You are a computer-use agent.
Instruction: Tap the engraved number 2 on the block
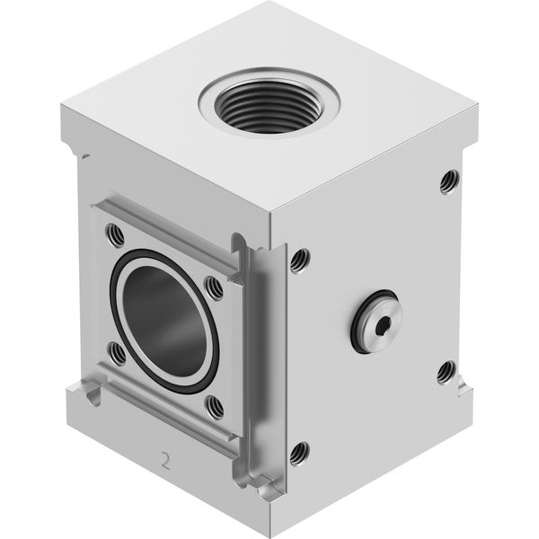click(x=165, y=462)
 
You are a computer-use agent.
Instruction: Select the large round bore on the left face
click(x=164, y=321)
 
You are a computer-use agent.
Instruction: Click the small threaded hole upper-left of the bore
click(x=115, y=234)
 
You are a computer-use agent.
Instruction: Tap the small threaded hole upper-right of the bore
click(x=214, y=287)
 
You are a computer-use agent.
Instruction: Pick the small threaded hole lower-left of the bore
click(x=117, y=353)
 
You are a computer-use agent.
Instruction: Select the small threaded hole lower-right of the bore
click(x=214, y=407)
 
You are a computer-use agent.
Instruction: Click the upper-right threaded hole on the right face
click(x=449, y=181)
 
